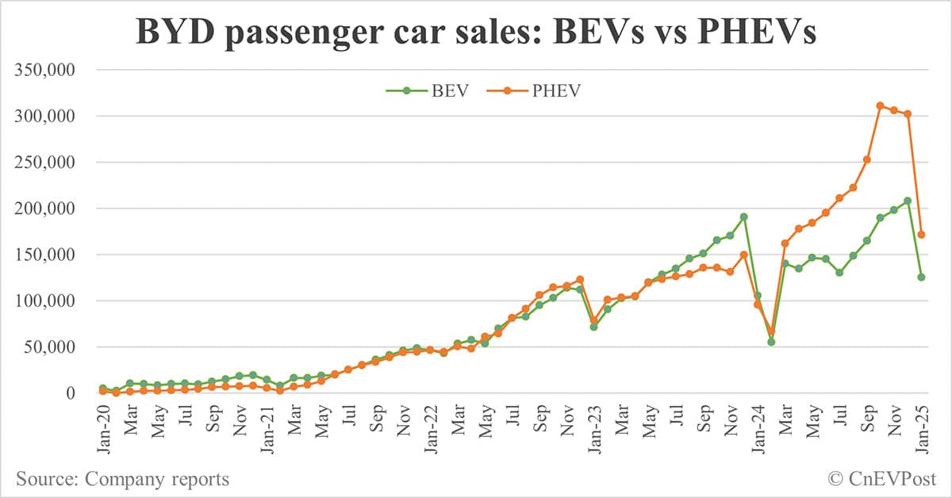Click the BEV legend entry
[434, 90]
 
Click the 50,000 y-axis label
[49, 347]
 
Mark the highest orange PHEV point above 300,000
[880, 105]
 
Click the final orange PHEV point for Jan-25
[921, 235]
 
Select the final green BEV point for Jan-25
[921, 278]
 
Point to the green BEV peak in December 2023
[744, 216]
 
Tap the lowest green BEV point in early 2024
[771, 342]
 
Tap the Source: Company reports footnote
[122, 479]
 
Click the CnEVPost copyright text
[882, 479]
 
